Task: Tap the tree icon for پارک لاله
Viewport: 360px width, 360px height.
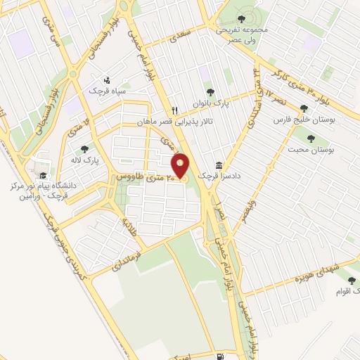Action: (x=85, y=149)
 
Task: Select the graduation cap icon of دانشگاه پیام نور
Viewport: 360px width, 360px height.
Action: (x=42, y=176)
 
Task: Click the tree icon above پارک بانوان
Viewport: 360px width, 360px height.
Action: (x=209, y=91)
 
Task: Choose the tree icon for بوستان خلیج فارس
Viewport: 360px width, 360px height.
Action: (x=304, y=108)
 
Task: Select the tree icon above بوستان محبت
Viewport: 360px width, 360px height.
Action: (x=311, y=139)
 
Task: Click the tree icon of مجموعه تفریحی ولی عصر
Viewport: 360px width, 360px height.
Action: (x=242, y=19)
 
